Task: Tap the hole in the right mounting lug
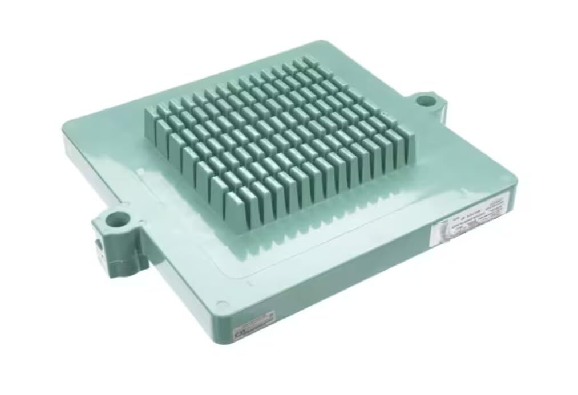point(424,101)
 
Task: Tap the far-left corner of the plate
point(64,129)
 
